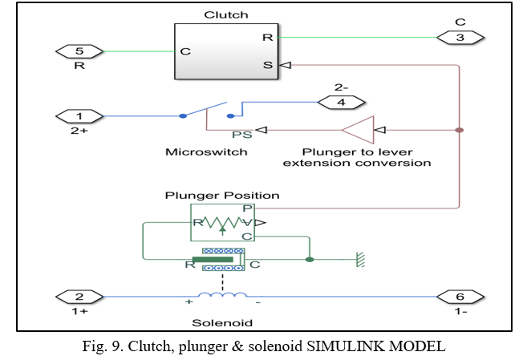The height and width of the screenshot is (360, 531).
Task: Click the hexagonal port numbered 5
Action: [x=79, y=52]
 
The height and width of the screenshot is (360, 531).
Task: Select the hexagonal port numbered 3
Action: [x=460, y=37]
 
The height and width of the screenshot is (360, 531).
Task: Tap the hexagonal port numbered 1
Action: [x=79, y=116]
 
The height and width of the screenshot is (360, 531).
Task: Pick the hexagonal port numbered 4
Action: [x=343, y=102]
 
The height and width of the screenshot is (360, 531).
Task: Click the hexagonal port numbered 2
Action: [x=79, y=297]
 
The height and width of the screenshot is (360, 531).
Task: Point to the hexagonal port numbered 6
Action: [x=460, y=297]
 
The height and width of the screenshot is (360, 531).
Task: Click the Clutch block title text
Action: [x=226, y=14]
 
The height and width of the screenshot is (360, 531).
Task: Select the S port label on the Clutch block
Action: [x=267, y=65]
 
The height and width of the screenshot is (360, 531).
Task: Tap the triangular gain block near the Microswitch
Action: [x=359, y=129]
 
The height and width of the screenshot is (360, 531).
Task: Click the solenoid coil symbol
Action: [x=222, y=297]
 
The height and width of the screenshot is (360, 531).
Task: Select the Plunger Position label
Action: [x=222, y=195]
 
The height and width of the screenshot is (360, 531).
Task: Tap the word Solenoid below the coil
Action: [x=222, y=322]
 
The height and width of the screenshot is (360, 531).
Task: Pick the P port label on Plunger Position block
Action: [x=248, y=208]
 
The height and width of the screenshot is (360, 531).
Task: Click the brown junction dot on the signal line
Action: [x=459, y=129]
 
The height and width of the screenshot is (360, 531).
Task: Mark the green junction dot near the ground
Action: [x=310, y=259]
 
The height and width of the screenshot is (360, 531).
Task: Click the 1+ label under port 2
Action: [x=79, y=311]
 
